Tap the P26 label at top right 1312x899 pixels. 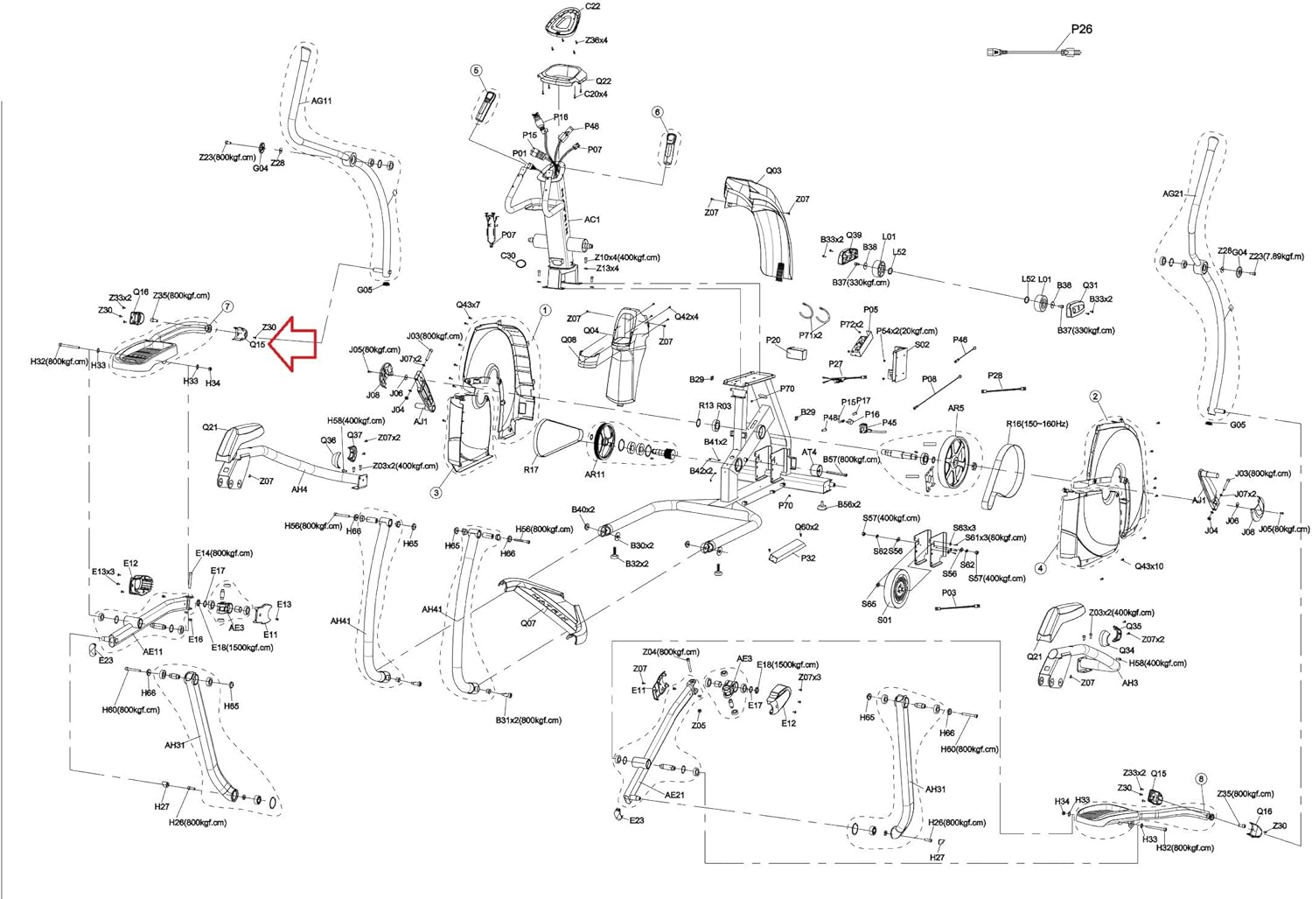click(1081, 29)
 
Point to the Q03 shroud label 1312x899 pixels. click(773, 172)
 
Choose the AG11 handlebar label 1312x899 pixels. click(322, 101)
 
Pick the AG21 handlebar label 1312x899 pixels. click(1173, 194)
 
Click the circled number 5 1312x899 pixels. click(477, 70)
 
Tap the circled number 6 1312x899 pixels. click(658, 112)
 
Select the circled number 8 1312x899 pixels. click(1200, 778)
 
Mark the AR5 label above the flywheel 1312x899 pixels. click(956, 408)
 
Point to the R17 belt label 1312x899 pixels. click(531, 470)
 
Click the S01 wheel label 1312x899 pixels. click(884, 621)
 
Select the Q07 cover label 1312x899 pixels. click(527, 623)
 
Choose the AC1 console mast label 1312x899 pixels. click(592, 220)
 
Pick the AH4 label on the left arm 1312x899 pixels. click(299, 490)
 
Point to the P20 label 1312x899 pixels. click(773, 341)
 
